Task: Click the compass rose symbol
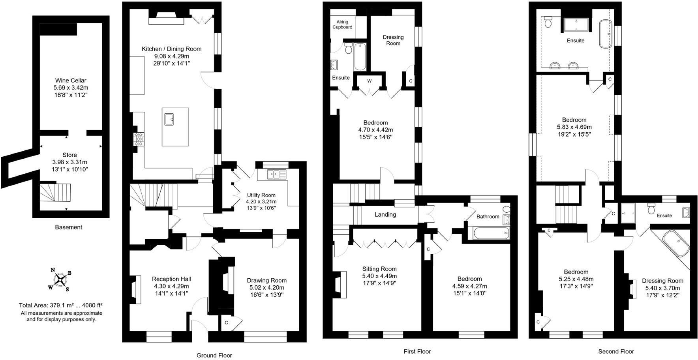pyautogui.click(x=60, y=279)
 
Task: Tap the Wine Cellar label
pyautogui.click(x=71, y=81)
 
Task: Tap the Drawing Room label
pyautogui.click(x=266, y=280)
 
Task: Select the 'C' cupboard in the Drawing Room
pyautogui.click(x=227, y=322)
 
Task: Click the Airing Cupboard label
pyautogui.click(x=342, y=24)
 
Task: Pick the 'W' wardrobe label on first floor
pyautogui.click(x=370, y=81)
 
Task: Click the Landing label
pyautogui.click(x=385, y=214)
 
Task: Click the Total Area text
pyautogui.click(x=61, y=305)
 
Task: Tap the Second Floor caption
pyautogui.click(x=615, y=351)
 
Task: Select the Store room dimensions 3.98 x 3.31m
pyautogui.click(x=69, y=162)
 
